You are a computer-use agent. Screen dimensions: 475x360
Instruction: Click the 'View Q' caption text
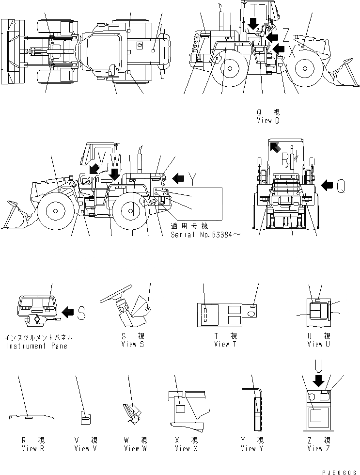[268, 121]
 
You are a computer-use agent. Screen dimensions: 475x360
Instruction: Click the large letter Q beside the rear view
[341, 184]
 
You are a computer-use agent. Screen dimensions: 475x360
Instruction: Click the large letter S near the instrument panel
[81, 314]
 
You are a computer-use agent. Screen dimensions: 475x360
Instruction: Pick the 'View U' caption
[318, 344]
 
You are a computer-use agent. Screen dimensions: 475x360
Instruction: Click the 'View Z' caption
[318, 448]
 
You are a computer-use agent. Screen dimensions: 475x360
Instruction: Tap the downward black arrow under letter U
[318, 381]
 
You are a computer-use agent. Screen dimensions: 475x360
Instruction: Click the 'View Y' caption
[251, 448]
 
